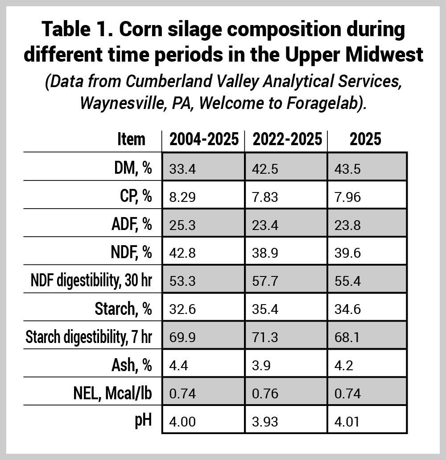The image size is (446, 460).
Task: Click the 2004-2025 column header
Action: (x=204, y=139)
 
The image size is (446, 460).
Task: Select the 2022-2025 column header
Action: (x=287, y=139)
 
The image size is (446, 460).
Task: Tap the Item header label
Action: (x=131, y=139)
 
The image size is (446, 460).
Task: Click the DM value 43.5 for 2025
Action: (x=347, y=169)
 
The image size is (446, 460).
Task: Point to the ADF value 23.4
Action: (x=265, y=226)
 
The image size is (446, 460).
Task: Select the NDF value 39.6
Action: (x=347, y=254)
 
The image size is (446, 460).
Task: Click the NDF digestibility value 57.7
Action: (x=265, y=282)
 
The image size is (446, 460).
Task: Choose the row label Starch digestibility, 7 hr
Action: (x=89, y=337)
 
